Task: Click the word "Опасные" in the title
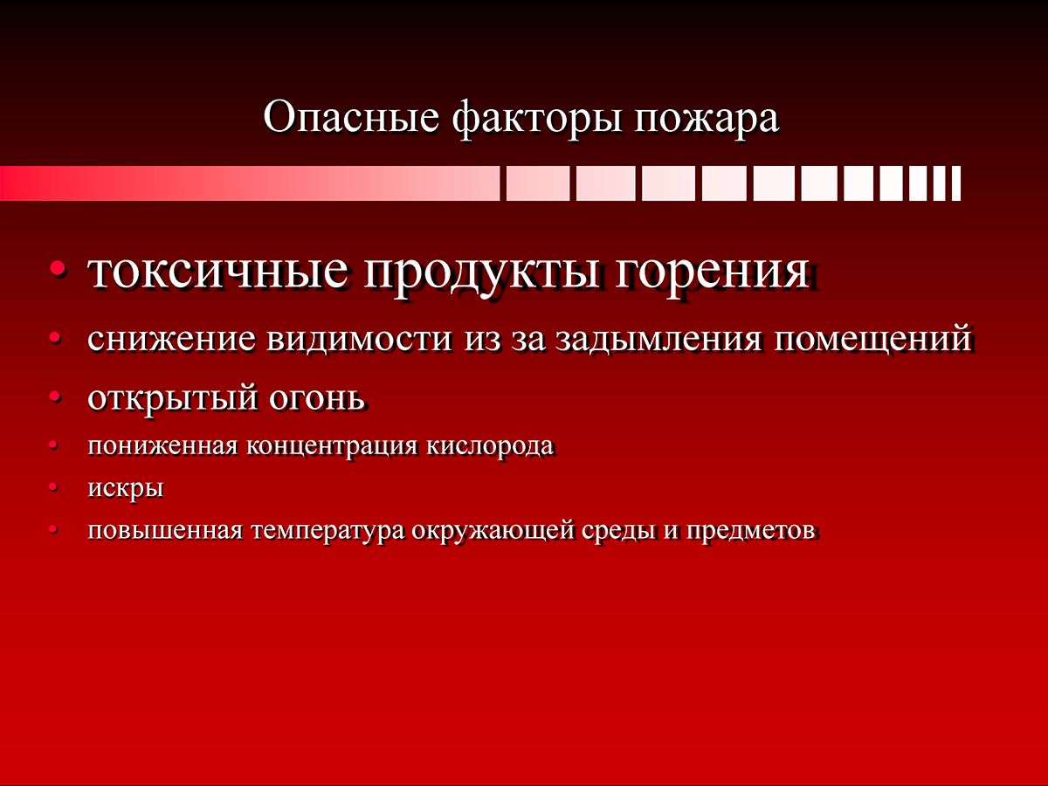coord(351,117)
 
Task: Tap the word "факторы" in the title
coord(537,120)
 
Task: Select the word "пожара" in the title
coord(707,122)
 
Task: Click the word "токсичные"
coord(217,272)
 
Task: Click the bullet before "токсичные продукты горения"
coord(58,269)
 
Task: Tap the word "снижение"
coord(171,340)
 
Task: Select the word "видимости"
coord(359,340)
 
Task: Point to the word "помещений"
coord(873,340)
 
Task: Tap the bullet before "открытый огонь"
coord(55,396)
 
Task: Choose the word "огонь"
coord(316,397)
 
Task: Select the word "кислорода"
coord(490,446)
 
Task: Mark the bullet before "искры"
coord(53,487)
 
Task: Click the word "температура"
coord(328,531)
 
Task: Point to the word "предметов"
coord(752,531)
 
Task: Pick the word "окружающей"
coord(493,531)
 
